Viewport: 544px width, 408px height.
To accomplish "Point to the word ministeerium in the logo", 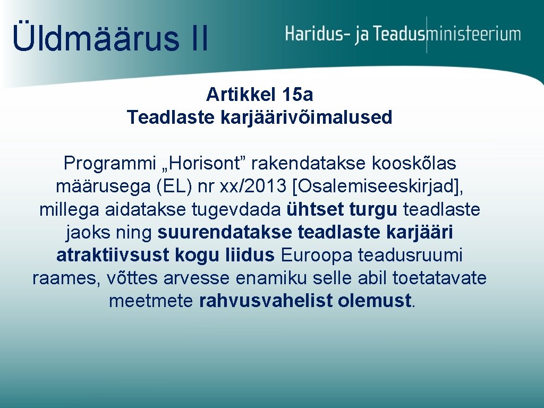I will (474, 35).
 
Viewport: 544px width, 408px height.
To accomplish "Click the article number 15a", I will (298, 95).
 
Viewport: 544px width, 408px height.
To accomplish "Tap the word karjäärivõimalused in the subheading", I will (305, 117).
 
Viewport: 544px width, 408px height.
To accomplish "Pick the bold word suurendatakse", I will (226, 232).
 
